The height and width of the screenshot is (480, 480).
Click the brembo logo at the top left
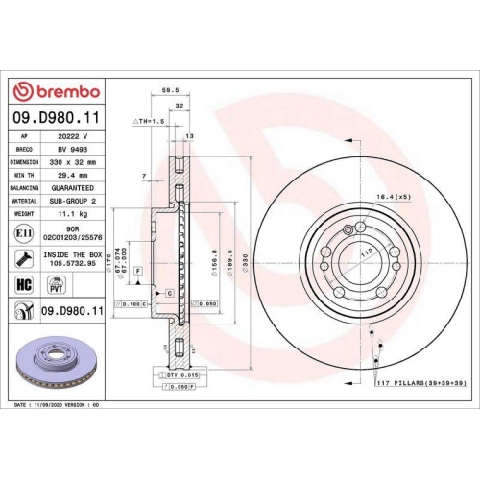point(56,90)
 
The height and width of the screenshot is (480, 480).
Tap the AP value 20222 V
point(72,137)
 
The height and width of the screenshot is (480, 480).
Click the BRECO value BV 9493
point(71,150)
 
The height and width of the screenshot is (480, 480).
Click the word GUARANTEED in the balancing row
point(73,189)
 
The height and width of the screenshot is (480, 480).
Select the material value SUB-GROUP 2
point(73,202)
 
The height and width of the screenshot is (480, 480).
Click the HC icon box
point(24,283)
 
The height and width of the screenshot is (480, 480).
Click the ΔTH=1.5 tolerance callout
point(149,123)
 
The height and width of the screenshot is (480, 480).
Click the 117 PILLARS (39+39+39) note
point(419,384)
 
